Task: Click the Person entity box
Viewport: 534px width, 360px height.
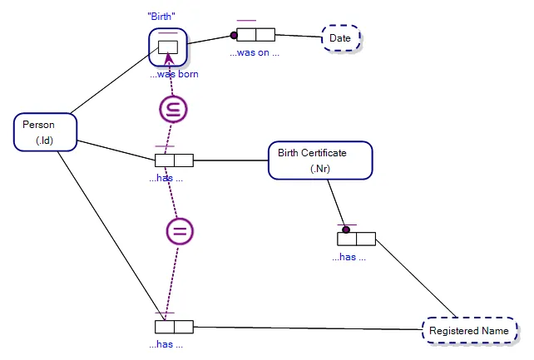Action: click(x=46, y=133)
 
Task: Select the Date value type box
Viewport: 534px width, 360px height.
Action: click(x=340, y=38)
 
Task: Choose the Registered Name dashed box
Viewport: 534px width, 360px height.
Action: click(x=468, y=331)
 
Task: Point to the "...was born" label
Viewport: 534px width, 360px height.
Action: click(x=174, y=74)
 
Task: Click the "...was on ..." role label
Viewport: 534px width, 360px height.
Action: click(x=255, y=52)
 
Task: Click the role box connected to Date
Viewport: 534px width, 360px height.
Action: click(x=255, y=34)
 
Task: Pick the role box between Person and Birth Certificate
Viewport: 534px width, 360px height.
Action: click(x=174, y=160)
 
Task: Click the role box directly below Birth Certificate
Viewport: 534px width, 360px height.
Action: click(x=356, y=239)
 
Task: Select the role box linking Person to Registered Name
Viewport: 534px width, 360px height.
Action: click(x=174, y=327)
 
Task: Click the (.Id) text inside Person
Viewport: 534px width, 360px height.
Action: click(x=45, y=141)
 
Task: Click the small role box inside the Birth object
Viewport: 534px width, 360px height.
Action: click(x=169, y=47)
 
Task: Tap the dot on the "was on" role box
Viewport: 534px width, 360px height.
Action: click(x=234, y=35)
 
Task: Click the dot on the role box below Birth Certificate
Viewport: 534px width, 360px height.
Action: click(x=346, y=229)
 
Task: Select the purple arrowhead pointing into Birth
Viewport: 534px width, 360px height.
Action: click(x=169, y=58)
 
